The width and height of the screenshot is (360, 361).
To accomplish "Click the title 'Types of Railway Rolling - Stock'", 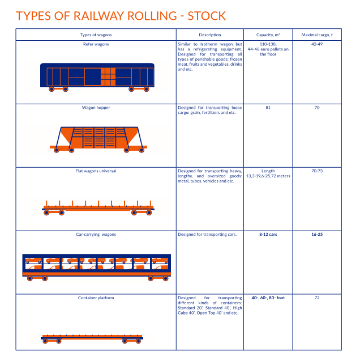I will [x=121, y=15].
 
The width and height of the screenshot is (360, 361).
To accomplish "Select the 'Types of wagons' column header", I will [x=96, y=35].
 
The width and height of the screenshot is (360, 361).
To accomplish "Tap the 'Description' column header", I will [x=210, y=35].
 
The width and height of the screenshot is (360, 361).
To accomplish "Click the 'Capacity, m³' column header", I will [x=268, y=35].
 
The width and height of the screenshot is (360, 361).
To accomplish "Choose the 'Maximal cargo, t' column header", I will [x=317, y=35].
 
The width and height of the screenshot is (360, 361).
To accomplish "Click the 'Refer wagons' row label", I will [x=96, y=44].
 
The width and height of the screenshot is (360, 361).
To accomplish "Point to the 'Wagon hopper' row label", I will [x=96, y=107].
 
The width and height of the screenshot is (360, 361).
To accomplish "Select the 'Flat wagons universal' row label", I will [x=96, y=171].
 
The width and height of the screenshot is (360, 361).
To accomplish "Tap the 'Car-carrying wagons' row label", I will [x=96, y=234].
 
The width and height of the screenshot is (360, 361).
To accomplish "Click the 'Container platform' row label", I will [x=96, y=298].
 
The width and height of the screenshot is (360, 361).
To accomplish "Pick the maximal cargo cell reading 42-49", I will [x=317, y=44].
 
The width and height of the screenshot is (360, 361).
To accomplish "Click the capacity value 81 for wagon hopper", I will [x=268, y=107].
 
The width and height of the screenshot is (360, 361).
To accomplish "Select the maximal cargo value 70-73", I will [x=317, y=171].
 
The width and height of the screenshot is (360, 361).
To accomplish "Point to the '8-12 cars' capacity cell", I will [x=268, y=234].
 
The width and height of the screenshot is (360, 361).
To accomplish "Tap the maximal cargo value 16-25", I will [x=317, y=234].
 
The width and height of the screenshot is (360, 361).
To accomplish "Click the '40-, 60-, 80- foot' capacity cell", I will [x=268, y=298].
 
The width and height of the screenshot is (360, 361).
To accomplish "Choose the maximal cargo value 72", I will [x=317, y=298].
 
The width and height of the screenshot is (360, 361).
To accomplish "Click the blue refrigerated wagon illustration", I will [x=97, y=77].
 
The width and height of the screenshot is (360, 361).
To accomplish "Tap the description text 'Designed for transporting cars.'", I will [x=207, y=234].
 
